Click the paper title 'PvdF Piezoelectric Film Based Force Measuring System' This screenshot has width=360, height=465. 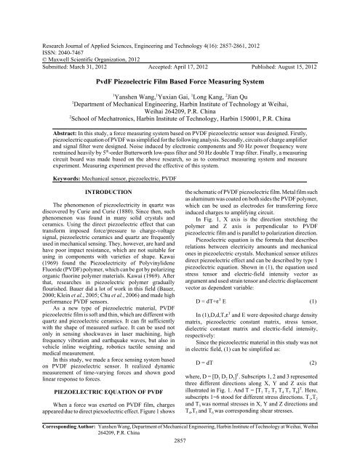(180, 64)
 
